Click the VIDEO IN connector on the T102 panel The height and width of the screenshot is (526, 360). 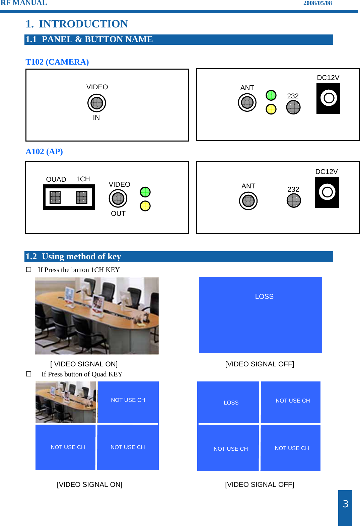pyautogui.click(x=97, y=103)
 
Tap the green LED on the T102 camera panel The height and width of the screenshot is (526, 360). pyautogui.click(x=271, y=95)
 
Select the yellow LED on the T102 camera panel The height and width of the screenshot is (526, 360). pyautogui.click(x=271, y=109)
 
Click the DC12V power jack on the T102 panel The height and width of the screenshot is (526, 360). pyautogui.click(x=328, y=98)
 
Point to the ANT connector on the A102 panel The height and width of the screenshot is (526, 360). pyautogui.click(x=248, y=201)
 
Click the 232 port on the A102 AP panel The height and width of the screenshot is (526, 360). pyautogui.click(x=294, y=201)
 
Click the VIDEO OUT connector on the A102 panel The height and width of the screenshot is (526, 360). pyautogui.click(x=118, y=198)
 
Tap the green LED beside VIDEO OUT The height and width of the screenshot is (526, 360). pyautogui.click(x=145, y=192)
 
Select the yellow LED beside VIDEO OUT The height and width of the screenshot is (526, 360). pyautogui.click(x=145, y=206)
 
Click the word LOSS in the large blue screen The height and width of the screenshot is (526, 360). pyautogui.click(x=264, y=296)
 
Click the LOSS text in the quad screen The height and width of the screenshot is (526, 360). pyautogui.click(x=231, y=403)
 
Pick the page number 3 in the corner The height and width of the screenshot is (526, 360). pyautogui.click(x=345, y=504)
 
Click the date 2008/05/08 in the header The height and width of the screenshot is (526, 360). pyautogui.click(x=317, y=3)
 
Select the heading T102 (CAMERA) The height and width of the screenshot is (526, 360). pyautogui.click(x=57, y=62)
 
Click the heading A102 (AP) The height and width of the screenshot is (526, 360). pyautogui.click(x=44, y=152)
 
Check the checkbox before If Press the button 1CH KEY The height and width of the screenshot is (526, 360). pyautogui.click(x=29, y=269)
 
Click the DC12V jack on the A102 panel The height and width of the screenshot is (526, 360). pyautogui.click(x=327, y=192)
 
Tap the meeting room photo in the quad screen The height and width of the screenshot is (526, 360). pyautogui.click(x=66, y=402)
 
